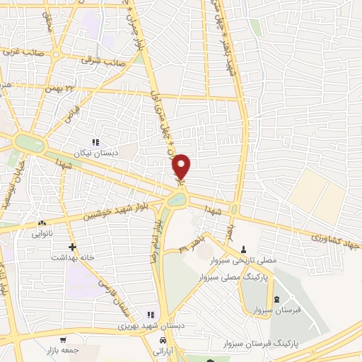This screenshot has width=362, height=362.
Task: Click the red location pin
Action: tap(182, 166)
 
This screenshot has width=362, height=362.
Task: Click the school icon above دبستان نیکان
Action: tap(95, 141)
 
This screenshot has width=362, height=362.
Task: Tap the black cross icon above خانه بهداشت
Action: tap(72, 247)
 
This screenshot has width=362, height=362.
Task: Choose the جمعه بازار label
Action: tap(62, 349)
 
